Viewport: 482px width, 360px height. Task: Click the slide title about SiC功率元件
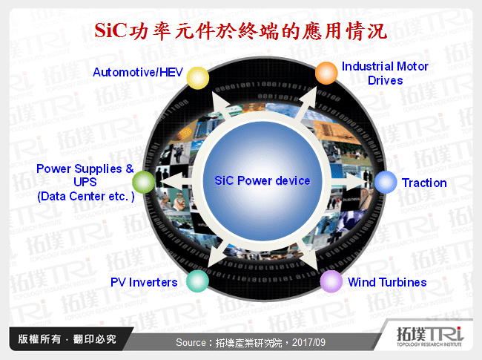point(241,32)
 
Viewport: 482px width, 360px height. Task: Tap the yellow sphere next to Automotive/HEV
point(197,76)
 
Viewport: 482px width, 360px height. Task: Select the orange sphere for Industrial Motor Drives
point(326,73)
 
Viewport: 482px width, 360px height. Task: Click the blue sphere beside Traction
point(385,183)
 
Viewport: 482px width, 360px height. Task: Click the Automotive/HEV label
point(137,72)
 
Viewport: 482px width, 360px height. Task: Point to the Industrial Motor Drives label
point(385,73)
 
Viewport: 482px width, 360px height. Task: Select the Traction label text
point(424,183)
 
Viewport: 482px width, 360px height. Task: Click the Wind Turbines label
point(387,282)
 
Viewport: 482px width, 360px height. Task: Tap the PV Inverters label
point(144,282)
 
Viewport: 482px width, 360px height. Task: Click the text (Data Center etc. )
point(85,197)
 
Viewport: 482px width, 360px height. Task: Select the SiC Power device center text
point(263,180)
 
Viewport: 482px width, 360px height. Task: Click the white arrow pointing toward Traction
point(354,182)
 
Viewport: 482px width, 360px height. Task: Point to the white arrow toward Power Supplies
point(172,183)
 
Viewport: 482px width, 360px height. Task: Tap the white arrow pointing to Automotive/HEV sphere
point(219,102)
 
